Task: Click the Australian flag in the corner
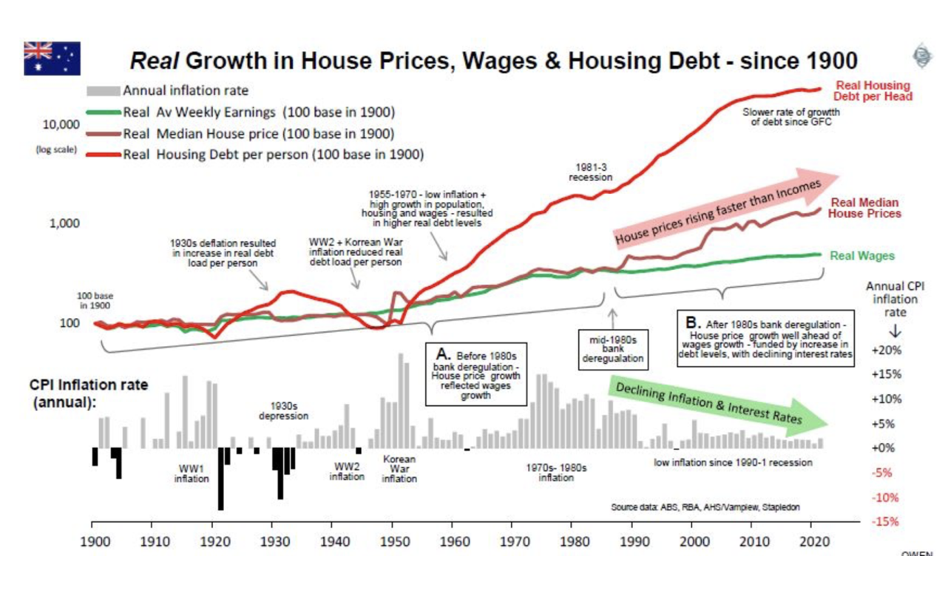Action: (x=52, y=58)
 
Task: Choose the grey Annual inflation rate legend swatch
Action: (x=103, y=91)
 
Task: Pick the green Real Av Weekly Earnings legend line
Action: (x=103, y=112)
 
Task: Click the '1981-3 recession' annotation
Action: (x=590, y=172)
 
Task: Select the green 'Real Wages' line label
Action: (x=861, y=256)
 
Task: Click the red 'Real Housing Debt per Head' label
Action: (x=873, y=90)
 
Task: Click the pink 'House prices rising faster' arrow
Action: (x=725, y=207)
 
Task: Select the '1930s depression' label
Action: (x=283, y=410)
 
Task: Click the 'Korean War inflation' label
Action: (x=399, y=469)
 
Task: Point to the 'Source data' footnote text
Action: (x=705, y=507)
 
